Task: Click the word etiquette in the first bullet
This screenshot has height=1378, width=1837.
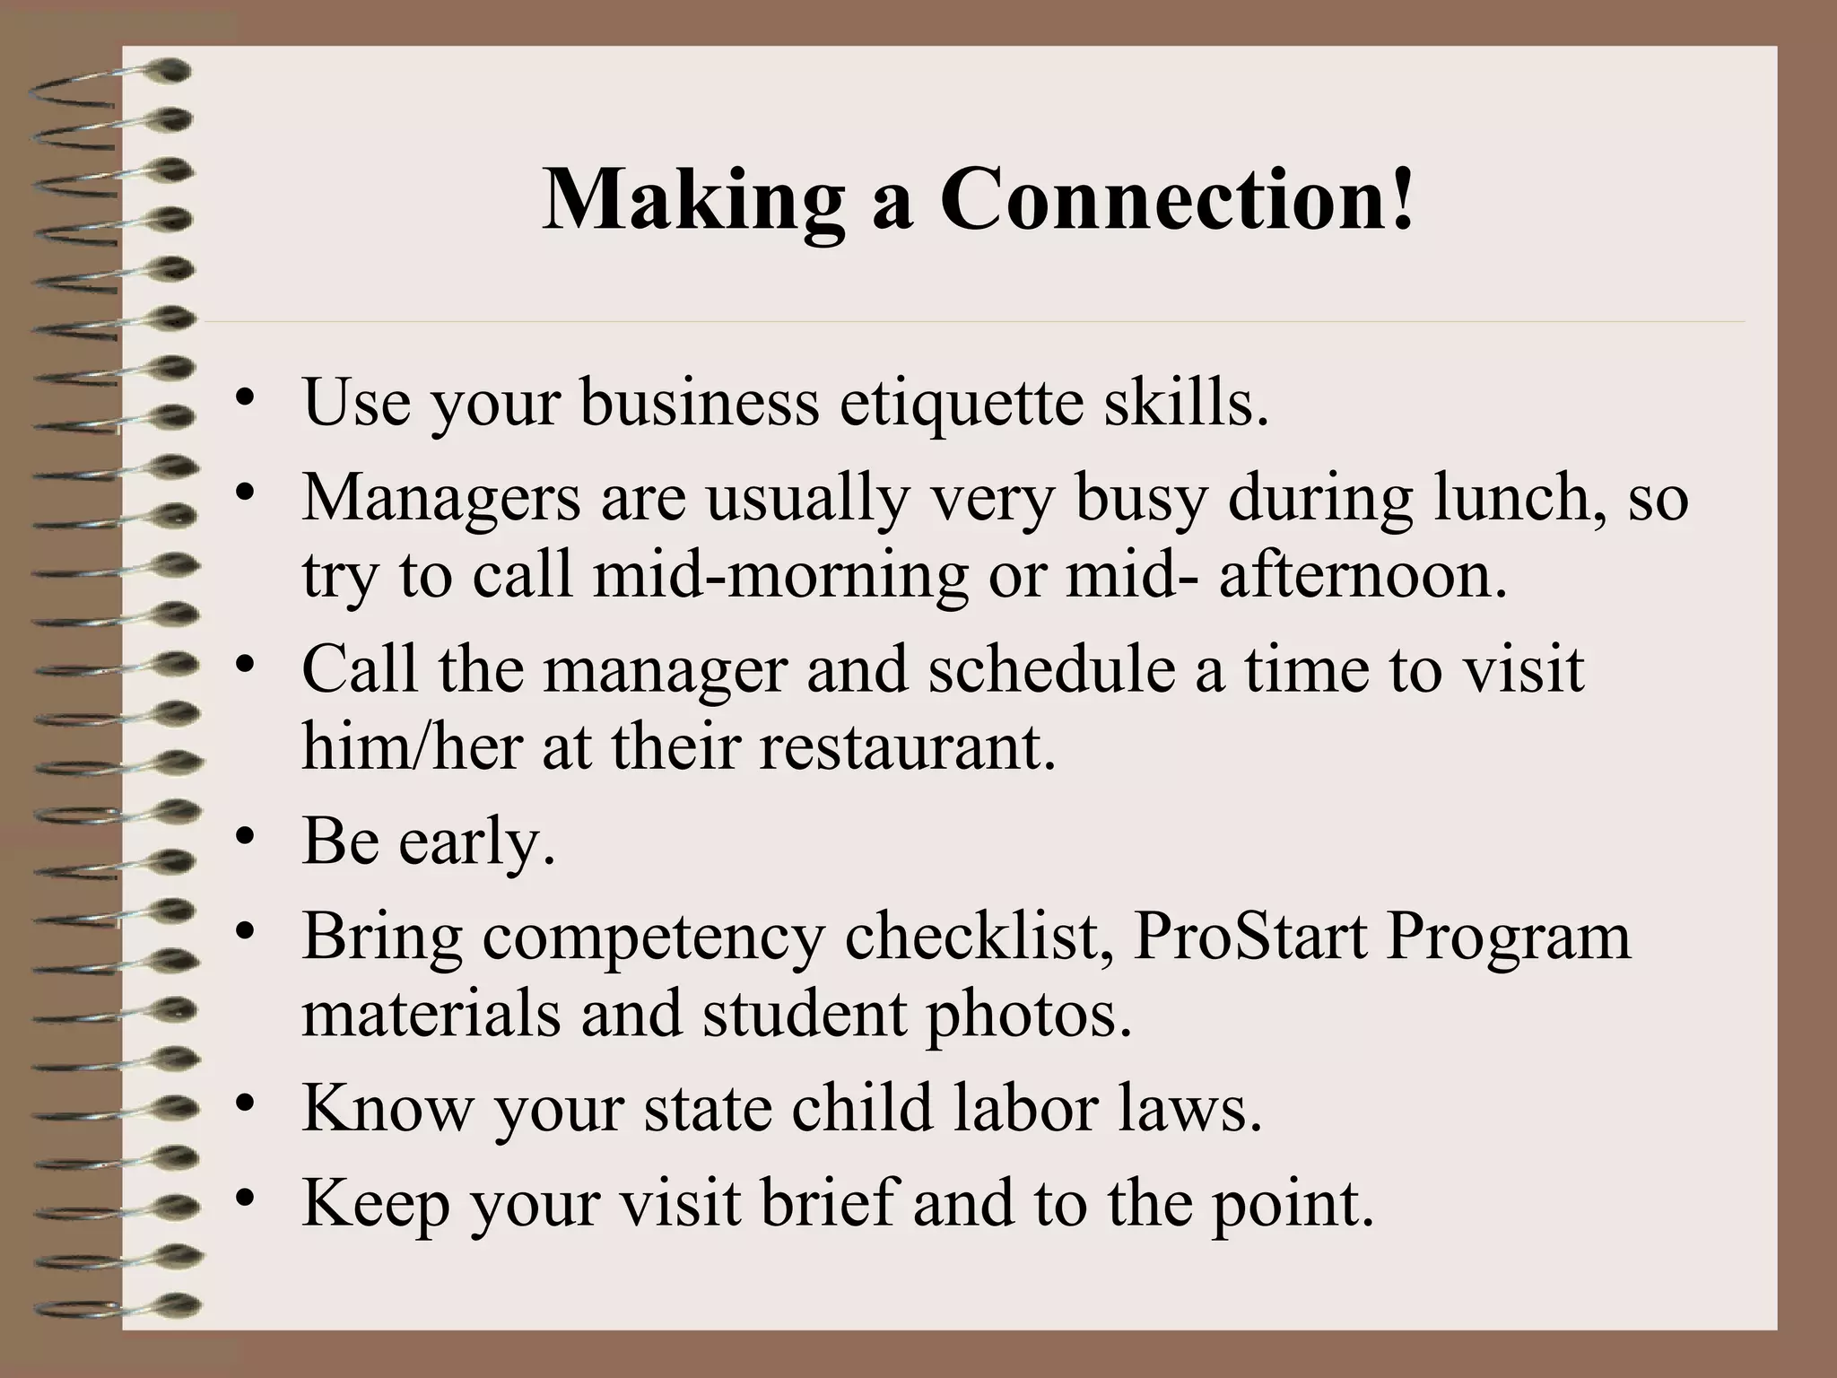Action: [961, 401]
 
